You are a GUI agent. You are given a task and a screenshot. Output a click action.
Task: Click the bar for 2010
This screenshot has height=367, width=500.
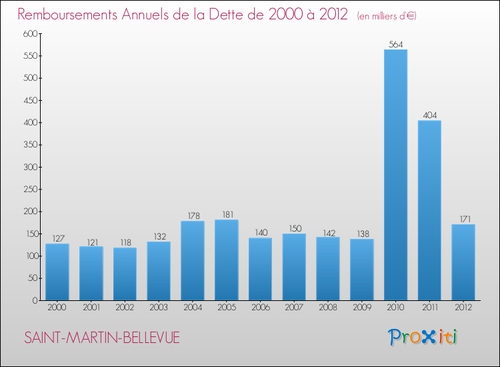click(x=395, y=175)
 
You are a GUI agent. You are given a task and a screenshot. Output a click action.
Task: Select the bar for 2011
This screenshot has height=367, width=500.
click(x=429, y=210)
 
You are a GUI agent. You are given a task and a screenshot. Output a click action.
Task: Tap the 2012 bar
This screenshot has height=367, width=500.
click(x=463, y=262)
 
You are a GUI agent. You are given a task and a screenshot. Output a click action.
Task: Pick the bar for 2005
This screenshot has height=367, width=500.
click(x=227, y=260)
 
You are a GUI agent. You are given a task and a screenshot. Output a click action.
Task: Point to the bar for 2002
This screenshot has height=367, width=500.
click(x=125, y=274)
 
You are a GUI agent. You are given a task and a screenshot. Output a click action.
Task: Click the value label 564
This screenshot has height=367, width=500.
click(x=395, y=45)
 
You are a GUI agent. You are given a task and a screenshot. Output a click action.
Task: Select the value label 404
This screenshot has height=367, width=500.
click(x=429, y=115)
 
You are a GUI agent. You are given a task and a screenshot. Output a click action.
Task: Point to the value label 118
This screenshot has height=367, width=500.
click(x=125, y=243)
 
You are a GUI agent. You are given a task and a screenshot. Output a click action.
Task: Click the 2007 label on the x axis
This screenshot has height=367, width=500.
click(x=294, y=308)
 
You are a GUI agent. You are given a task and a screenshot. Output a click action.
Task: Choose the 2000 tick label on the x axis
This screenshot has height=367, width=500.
click(x=57, y=308)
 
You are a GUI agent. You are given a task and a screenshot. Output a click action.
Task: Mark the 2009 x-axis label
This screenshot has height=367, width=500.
click(x=362, y=308)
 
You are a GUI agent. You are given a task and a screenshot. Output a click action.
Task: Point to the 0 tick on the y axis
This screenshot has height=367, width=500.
click(x=33, y=300)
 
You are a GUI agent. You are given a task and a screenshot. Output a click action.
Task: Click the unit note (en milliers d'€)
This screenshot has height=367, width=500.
click(x=387, y=16)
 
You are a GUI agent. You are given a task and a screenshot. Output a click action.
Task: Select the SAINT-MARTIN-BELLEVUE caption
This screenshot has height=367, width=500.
click(x=102, y=338)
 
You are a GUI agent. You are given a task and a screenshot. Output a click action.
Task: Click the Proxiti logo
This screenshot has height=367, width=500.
click(x=423, y=337)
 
